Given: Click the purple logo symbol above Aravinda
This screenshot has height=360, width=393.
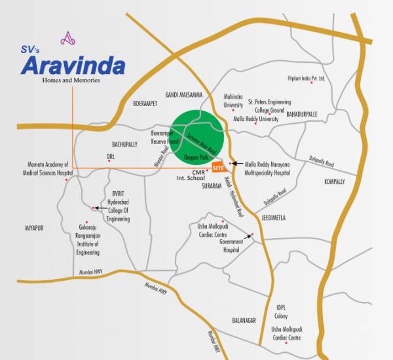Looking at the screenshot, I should pos(68,39).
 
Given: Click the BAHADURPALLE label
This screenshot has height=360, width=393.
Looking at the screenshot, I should pos(301,113).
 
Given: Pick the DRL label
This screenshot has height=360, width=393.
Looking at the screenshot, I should pos(111,156).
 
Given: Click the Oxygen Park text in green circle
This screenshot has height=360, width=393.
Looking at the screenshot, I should pos(196,157).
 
